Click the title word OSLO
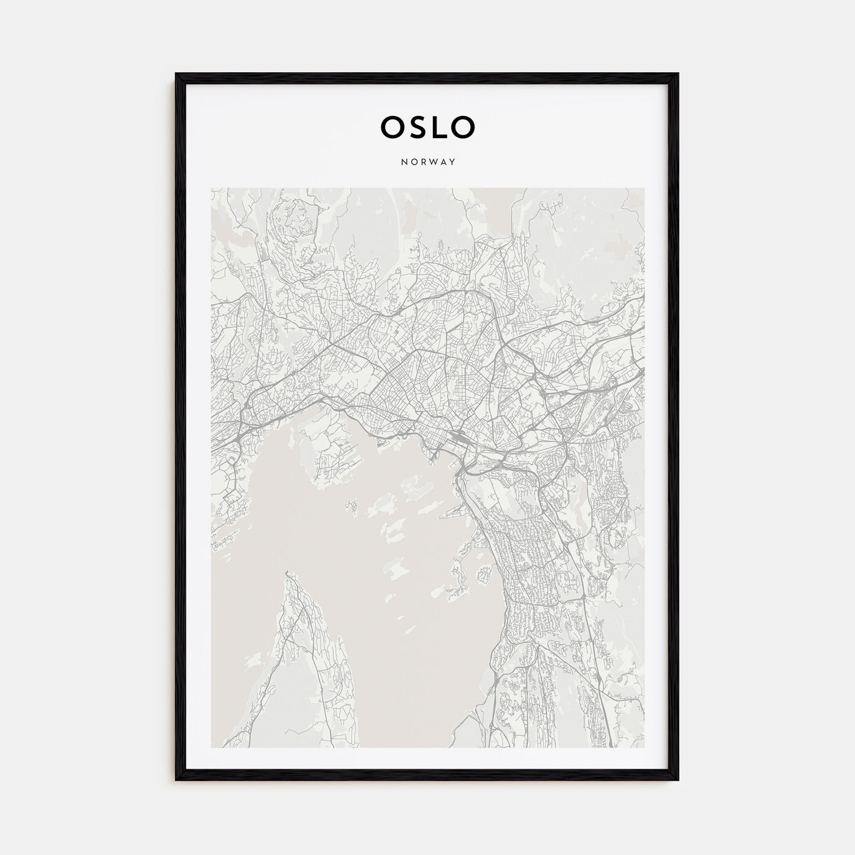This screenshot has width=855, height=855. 427,127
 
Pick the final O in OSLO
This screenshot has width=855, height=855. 463,127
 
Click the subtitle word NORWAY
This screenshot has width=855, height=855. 428,162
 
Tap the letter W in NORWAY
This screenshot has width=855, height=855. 432,162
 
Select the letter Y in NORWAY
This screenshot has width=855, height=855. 453,162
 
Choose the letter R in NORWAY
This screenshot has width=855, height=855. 422,162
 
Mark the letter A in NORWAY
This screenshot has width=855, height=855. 443,162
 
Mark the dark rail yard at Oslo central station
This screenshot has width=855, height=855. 459,436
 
